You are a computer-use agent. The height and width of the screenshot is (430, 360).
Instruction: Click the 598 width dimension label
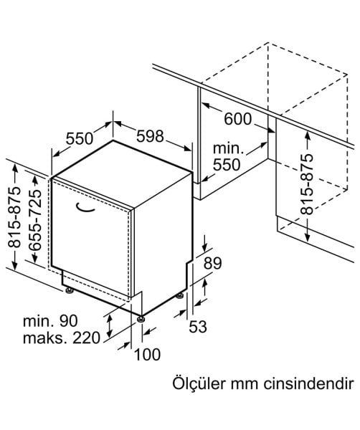[150, 136]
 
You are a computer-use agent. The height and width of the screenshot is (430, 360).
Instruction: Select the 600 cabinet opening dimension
[237, 119]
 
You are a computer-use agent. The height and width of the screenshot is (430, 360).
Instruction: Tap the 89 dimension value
[212, 263]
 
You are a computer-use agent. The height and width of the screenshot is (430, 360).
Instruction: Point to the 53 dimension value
[197, 327]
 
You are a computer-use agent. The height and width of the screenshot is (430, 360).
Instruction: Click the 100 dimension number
[147, 354]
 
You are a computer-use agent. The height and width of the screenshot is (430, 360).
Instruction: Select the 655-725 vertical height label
[35, 219]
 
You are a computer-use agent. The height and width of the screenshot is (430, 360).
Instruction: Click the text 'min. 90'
[50, 321]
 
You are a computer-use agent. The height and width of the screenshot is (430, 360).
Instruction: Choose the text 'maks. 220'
[62, 338]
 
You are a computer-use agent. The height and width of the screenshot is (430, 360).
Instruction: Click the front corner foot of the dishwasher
[141, 319]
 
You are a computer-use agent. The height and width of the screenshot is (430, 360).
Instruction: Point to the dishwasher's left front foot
[69, 290]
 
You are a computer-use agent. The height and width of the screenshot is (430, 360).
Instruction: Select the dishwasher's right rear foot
[180, 295]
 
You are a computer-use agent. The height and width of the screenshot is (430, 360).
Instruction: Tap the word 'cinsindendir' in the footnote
[308, 384]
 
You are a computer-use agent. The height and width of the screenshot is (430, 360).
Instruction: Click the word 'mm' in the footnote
[245, 386]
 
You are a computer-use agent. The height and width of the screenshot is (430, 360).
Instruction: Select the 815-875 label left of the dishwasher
[14, 217]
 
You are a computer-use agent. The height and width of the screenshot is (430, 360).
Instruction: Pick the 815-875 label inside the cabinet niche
[307, 184]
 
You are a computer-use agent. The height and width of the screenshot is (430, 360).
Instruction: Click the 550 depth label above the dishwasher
[80, 138]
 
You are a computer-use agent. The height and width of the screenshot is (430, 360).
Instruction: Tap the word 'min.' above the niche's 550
[228, 148]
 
